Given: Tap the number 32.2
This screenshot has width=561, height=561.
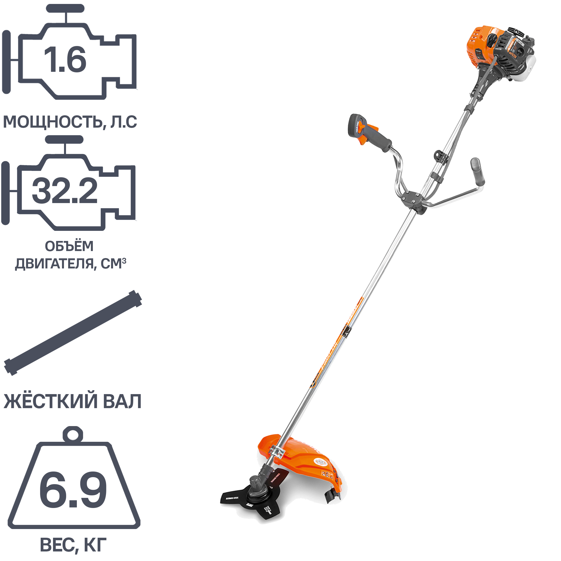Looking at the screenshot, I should (65, 190).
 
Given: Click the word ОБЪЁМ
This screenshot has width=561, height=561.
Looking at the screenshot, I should (69, 246).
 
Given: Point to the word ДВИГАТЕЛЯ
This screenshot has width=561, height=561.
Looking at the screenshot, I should (54, 264).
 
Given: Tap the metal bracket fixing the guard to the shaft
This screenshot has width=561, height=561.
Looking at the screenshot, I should (277, 452).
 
